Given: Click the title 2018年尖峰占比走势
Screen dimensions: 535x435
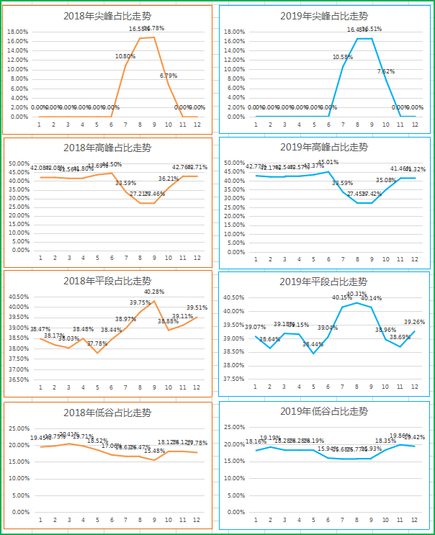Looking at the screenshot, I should tap(107, 16).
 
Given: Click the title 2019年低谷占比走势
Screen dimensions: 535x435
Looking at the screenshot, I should tap(323, 412).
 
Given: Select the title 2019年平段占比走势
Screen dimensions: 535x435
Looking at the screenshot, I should tap(323, 282).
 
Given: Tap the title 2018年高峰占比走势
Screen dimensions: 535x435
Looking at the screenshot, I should tap(107, 148).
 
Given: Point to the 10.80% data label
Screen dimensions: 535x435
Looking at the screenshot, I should tap(125, 56).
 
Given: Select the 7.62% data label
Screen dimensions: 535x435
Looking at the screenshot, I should tap(385, 71).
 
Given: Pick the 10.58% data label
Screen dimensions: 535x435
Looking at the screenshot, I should tap(343, 57).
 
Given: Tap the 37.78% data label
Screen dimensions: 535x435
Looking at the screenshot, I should tap(97, 344).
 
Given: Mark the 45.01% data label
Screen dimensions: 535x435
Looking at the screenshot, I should tap(328, 162).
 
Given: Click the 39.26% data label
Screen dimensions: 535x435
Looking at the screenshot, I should tap(414, 322).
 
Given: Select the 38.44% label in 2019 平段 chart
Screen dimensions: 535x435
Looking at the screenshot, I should tap(313, 345).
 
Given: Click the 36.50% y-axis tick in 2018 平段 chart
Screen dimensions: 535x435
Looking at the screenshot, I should tap(18, 379).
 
